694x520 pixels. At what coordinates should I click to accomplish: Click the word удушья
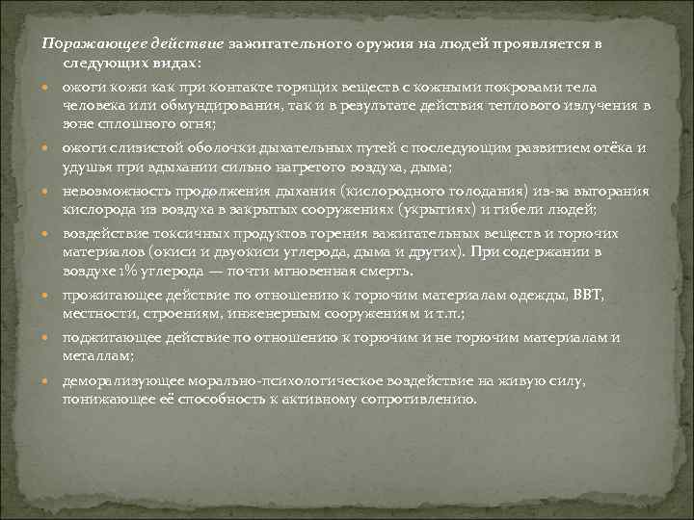[x=85, y=166]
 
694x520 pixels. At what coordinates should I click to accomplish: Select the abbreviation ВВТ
[x=586, y=296]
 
